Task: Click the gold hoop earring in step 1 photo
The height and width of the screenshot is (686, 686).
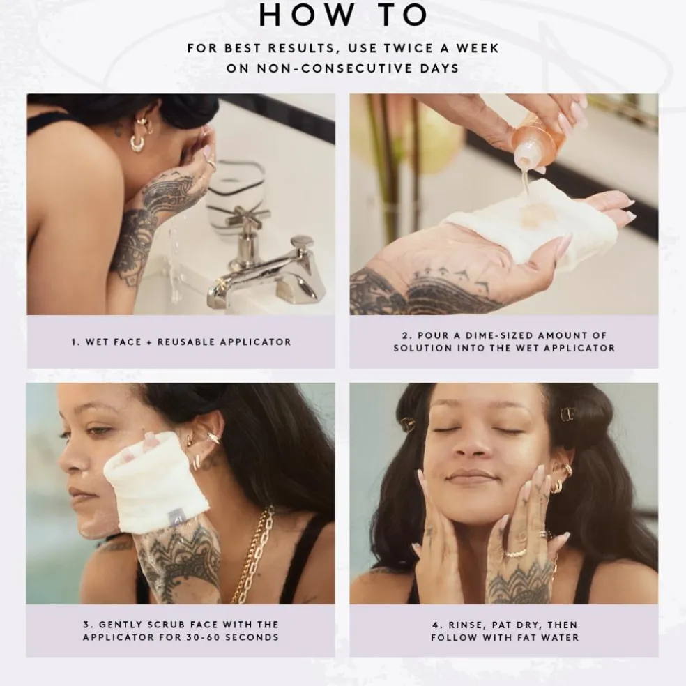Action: pyautogui.click(x=137, y=143)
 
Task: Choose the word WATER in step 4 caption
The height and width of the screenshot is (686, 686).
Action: pyautogui.click(x=560, y=638)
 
